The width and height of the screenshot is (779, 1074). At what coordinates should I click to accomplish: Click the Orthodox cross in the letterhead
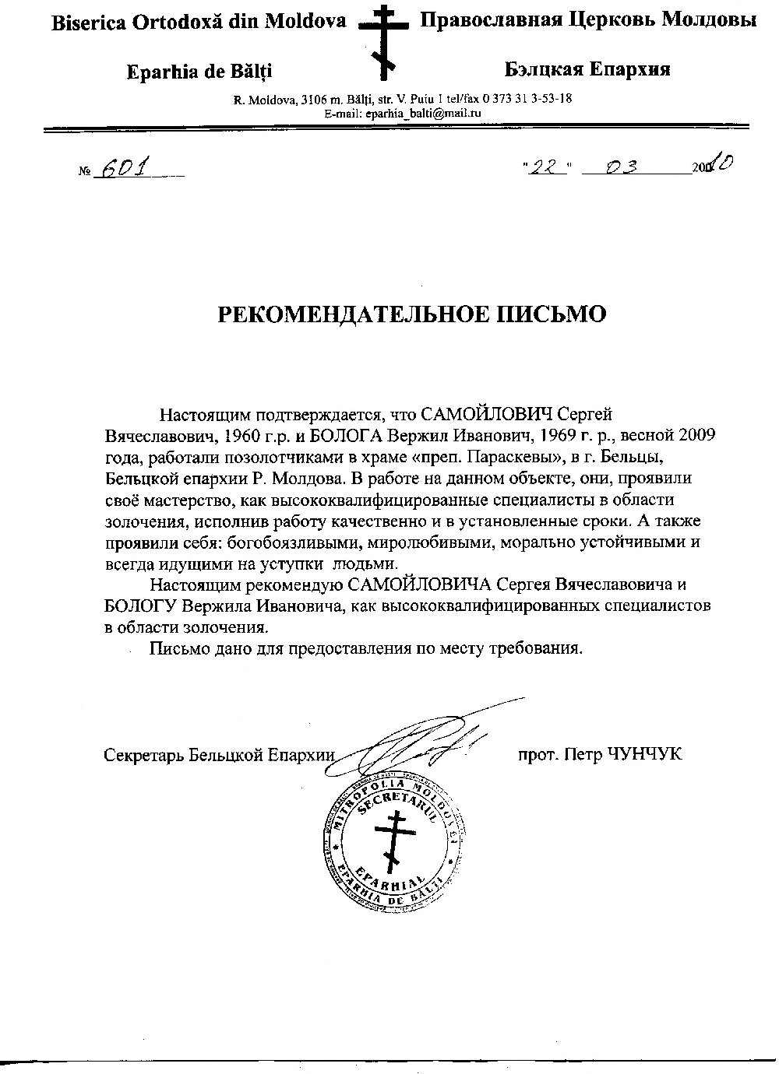tap(382, 40)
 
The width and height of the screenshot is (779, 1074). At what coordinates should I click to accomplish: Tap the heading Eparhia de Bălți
tap(199, 72)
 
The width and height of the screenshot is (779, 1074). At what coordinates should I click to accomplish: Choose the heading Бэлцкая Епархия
tap(587, 69)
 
